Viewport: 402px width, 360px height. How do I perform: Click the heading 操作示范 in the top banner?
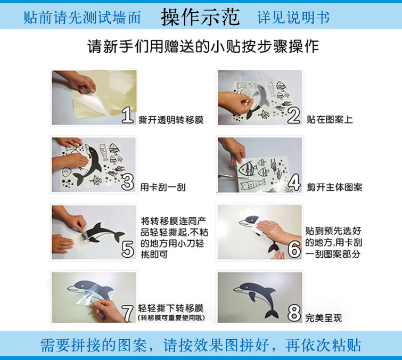click(201, 17)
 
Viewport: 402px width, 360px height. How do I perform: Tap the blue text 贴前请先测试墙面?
click(82, 18)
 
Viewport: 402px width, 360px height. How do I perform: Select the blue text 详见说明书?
click(293, 18)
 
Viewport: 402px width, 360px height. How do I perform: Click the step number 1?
click(128, 115)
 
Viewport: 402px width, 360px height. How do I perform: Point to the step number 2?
click(294, 116)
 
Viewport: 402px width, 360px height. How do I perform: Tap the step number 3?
click(128, 182)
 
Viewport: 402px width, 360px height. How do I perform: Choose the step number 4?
click(294, 182)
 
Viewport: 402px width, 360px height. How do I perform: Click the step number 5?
click(128, 249)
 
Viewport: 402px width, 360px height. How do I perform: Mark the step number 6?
click(294, 249)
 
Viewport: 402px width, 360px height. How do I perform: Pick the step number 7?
click(128, 313)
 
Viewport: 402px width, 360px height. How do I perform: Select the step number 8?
click(294, 313)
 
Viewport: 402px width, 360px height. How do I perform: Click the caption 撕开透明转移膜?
click(171, 120)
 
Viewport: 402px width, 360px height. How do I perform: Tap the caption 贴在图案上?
click(330, 119)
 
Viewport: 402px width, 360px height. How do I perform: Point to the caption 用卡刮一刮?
click(163, 187)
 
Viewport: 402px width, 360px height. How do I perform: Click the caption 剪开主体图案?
click(334, 187)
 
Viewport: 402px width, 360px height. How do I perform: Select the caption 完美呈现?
click(324, 318)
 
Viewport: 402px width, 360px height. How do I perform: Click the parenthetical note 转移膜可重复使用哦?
click(171, 318)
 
